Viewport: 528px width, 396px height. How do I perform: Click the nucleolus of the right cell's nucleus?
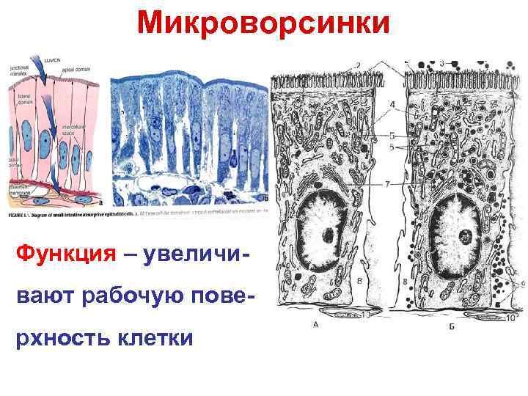[x=464, y=235]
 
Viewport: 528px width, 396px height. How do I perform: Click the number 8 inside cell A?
[x=359, y=280]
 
